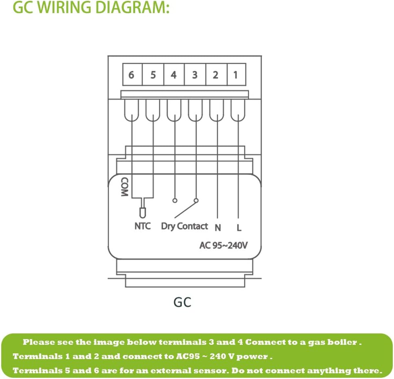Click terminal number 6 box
pyautogui.click(x=131, y=75)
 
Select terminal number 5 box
pyautogui.click(x=153, y=75)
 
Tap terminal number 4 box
pyautogui.click(x=174, y=75)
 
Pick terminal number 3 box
pyautogui.click(x=195, y=75)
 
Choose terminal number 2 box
pyautogui.click(x=215, y=75)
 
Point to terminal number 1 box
pyautogui.click(x=236, y=75)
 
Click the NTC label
pyautogui.click(x=142, y=226)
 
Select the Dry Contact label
pyautogui.click(x=184, y=226)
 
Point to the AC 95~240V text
pyautogui.click(x=223, y=245)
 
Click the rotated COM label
pyautogui.click(x=125, y=187)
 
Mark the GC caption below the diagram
pyautogui.click(x=182, y=302)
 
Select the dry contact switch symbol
pyautogui.click(x=186, y=208)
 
